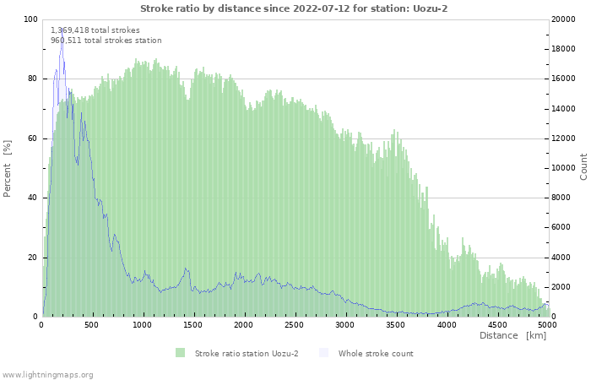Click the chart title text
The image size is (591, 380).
[x=294, y=8]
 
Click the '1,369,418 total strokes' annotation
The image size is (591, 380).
[x=95, y=30]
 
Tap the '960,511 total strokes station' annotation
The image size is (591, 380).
[x=106, y=41]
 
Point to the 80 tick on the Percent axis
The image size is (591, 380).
[x=33, y=79]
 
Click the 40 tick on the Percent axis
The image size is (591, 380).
[x=33, y=198]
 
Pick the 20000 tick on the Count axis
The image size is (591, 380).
[x=564, y=19]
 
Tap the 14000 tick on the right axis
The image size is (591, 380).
[x=564, y=109]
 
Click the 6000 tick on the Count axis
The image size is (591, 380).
[x=561, y=228]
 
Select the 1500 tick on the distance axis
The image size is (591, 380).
[x=193, y=324]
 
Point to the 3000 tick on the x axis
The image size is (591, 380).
[x=344, y=324]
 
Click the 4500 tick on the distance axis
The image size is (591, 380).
[x=496, y=324]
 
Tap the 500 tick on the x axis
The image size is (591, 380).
[x=93, y=324]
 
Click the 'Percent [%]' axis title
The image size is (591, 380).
[x=8, y=168]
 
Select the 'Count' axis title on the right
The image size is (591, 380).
[x=583, y=167]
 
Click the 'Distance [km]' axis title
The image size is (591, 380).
[x=512, y=336]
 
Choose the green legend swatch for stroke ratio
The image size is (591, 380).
[x=180, y=353]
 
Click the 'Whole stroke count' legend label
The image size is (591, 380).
[x=376, y=353]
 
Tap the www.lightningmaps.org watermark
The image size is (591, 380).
[x=47, y=374]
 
